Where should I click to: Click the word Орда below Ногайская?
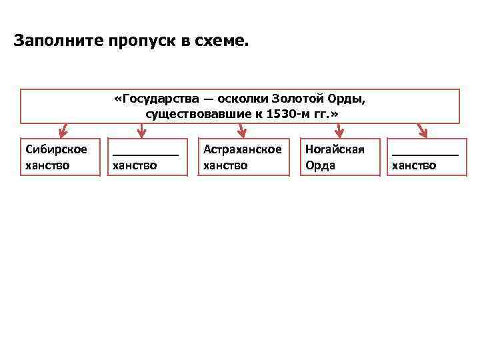coord(320,165)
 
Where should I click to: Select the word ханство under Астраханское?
coord(225,165)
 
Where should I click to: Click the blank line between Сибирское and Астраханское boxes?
coord(146,154)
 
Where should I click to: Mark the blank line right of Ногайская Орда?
coord(425,154)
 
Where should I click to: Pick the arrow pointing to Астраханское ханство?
coord(243,131)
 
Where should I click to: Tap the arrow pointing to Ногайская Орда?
coord(339,131)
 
